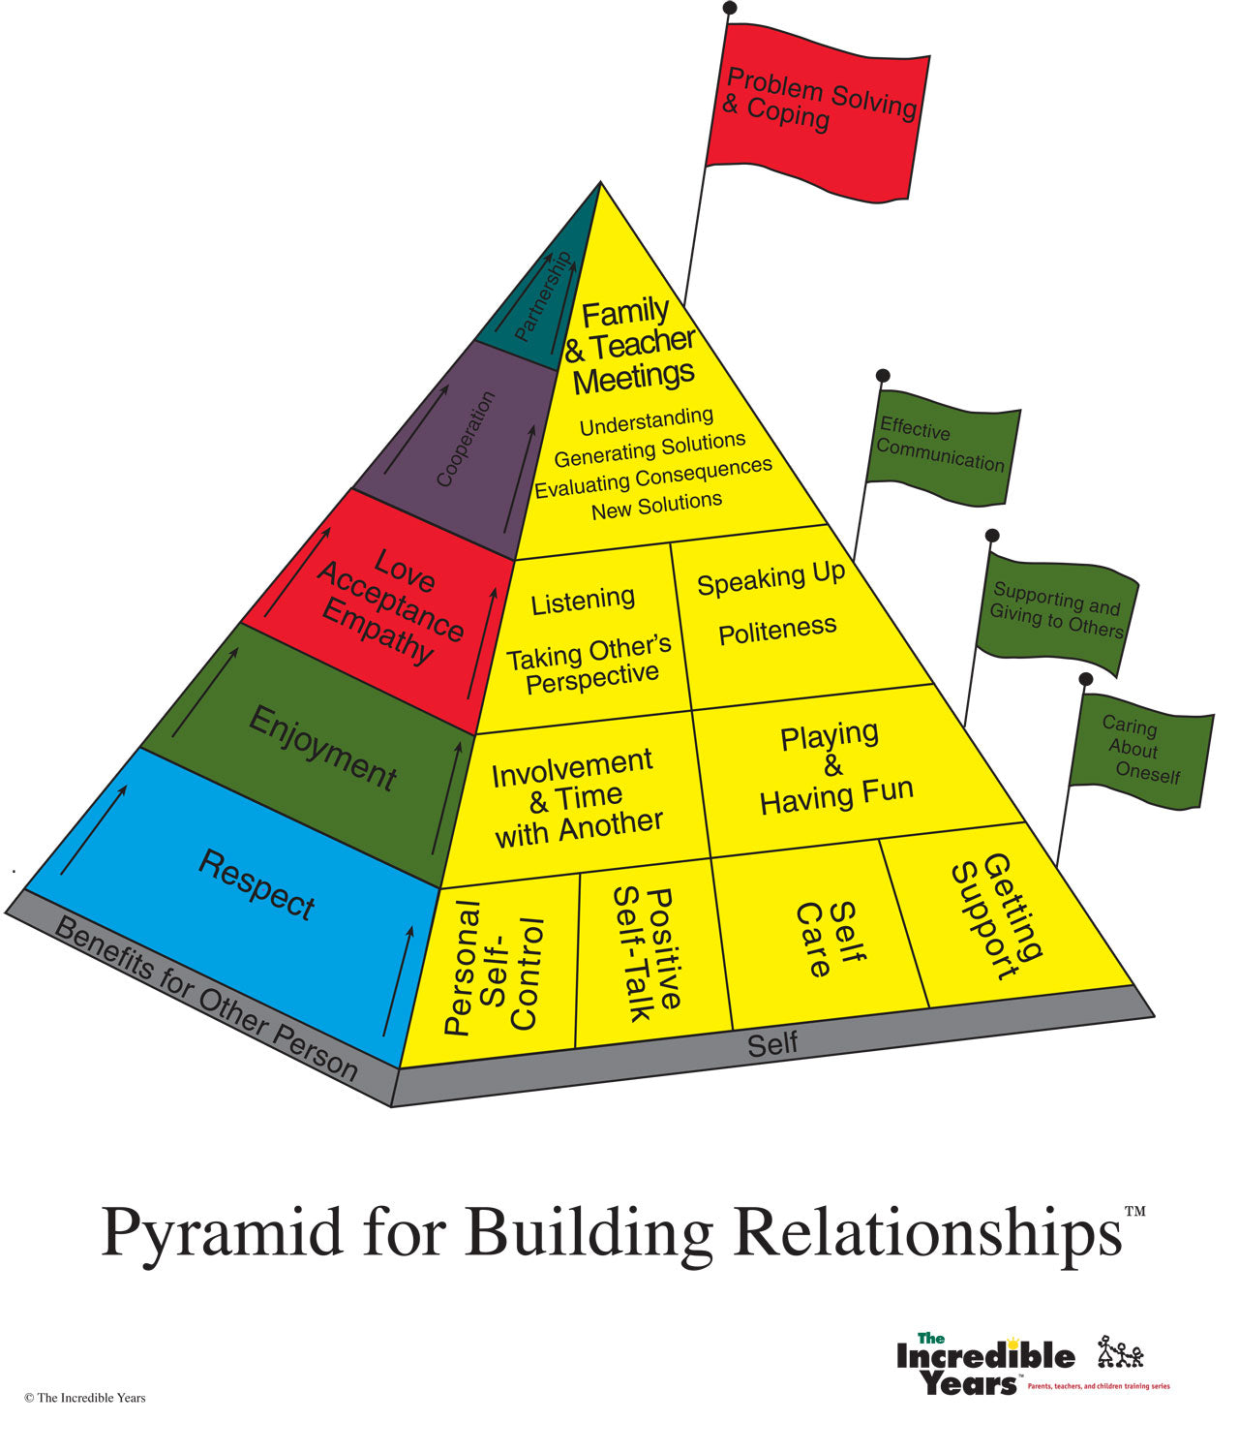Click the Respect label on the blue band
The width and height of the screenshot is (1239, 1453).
[x=257, y=884]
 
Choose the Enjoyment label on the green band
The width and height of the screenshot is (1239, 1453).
[x=322, y=748]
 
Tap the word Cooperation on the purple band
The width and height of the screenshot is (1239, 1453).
[x=466, y=439]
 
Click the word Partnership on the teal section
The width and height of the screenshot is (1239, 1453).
[x=543, y=295]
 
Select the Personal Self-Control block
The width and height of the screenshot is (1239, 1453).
[x=495, y=967]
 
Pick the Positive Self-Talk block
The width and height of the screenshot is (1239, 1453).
[x=648, y=954]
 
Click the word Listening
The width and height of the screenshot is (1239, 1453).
[x=583, y=602]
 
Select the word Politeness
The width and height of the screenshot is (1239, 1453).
[x=777, y=631]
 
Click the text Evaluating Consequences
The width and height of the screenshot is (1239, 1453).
[x=653, y=478]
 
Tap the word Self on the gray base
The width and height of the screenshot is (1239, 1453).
[x=772, y=1043]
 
